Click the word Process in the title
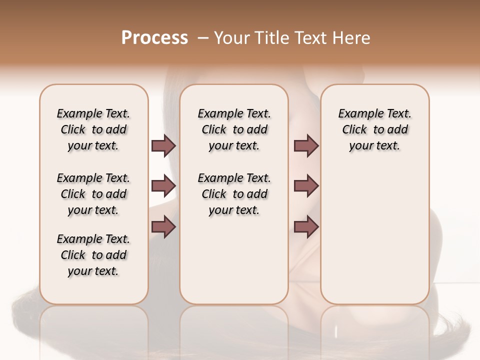click(x=154, y=38)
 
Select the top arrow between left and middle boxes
click(x=163, y=145)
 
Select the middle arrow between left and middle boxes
click(x=163, y=186)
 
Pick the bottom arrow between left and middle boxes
click(x=163, y=226)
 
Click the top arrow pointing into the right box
click(x=306, y=145)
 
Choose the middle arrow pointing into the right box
click(x=306, y=186)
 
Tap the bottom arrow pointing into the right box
click(x=306, y=226)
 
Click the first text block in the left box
click(x=93, y=129)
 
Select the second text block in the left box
click(x=93, y=194)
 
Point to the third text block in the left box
click(x=93, y=255)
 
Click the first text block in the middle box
click(x=234, y=129)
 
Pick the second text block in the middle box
click(x=234, y=194)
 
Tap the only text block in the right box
click(x=375, y=129)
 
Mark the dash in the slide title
click(x=203, y=38)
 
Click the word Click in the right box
click(x=354, y=130)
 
